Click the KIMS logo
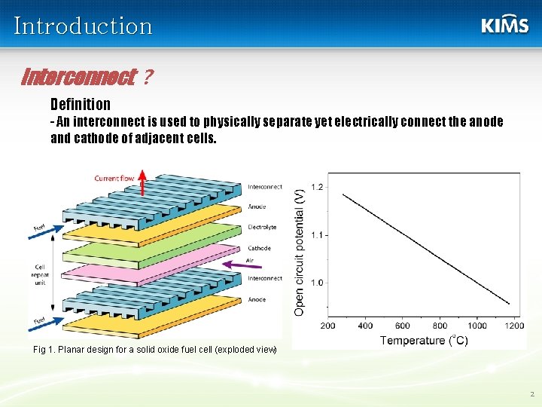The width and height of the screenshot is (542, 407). [x=504, y=25]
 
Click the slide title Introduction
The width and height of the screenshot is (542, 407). [x=83, y=26]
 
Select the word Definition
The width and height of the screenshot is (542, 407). [x=81, y=104]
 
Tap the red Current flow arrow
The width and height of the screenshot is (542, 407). [x=142, y=185]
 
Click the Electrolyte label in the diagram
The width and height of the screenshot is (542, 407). [x=262, y=227]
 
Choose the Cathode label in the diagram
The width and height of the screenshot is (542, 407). [x=259, y=248]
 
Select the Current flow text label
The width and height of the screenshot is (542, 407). [x=114, y=179]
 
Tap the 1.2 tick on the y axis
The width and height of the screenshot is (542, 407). [x=317, y=187]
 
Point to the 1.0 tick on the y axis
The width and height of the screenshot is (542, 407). [x=317, y=283]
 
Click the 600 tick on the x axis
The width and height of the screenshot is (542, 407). [x=403, y=326]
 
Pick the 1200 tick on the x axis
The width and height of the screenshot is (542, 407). [x=514, y=326]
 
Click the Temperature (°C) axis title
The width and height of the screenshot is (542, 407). [x=424, y=340]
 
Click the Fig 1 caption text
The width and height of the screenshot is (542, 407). [x=155, y=350]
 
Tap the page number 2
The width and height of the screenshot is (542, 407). [x=531, y=393]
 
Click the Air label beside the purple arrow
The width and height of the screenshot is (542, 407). [x=250, y=260]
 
